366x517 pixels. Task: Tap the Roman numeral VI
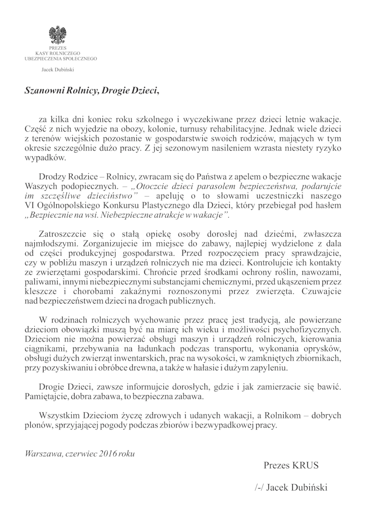30,206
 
